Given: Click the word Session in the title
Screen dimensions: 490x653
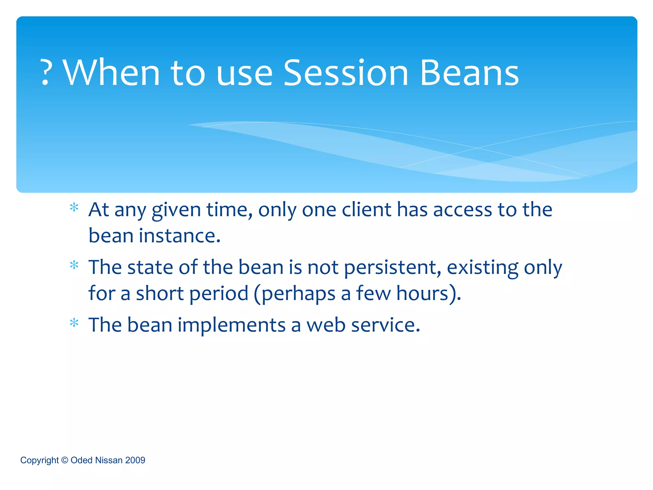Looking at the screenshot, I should (x=346, y=73).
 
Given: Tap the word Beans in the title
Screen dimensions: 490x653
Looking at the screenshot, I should (x=469, y=73).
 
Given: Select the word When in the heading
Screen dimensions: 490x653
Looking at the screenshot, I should (x=112, y=73).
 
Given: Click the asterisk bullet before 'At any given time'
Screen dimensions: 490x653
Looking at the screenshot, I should (x=74, y=208).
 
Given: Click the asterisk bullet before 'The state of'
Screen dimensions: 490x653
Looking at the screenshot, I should (x=74, y=265).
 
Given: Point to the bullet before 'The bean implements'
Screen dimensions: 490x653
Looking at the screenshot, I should (x=74, y=323).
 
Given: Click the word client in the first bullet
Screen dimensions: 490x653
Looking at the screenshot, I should (x=366, y=210).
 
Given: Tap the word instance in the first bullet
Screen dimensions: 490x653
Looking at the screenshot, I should (x=180, y=236).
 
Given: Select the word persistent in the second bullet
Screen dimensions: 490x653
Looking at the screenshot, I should (x=392, y=267).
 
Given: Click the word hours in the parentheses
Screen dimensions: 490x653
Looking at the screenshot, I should (x=422, y=293).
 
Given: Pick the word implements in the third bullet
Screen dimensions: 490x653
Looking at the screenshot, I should (x=231, y=325).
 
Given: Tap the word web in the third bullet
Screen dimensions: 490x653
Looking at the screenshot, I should (x=326, y=325).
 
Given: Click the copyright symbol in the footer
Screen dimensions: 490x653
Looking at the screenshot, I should (x=65, y=460).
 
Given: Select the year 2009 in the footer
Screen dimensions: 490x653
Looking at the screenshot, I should (x=135, y=460).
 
